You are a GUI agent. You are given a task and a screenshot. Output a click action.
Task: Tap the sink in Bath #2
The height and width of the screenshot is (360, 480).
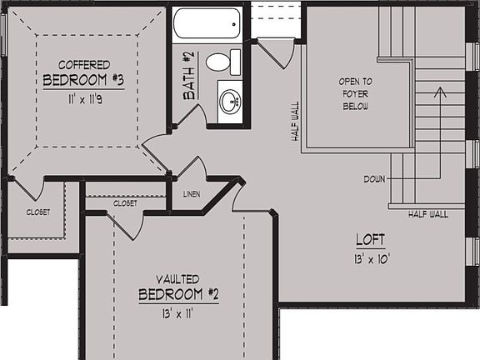pos(229,102)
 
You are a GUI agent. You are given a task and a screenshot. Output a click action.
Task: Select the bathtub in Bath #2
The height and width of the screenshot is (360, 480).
pos(207,23)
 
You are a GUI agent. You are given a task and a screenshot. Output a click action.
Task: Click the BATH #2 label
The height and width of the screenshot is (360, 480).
pos(188,76)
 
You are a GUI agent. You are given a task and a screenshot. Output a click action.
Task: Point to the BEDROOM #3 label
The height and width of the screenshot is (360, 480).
pos(83,81)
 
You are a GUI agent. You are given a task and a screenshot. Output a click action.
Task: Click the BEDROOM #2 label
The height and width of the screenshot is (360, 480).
pos(178,295)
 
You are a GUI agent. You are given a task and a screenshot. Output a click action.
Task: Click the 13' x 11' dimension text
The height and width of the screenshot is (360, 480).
pos(178,314)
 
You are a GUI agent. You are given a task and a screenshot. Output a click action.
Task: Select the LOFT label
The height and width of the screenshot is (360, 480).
pos(371,240)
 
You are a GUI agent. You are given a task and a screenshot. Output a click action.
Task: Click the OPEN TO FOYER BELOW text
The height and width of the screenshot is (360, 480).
pos(356,93)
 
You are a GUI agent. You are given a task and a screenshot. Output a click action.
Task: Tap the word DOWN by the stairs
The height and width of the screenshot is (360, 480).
pos(375,179)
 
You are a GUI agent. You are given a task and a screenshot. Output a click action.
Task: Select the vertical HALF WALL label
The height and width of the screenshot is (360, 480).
pos(295,122)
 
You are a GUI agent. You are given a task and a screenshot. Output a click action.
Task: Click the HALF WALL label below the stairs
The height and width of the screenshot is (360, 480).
pos(428,214)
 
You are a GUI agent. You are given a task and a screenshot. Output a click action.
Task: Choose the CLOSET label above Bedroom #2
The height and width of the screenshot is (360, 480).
pos(126,202)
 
